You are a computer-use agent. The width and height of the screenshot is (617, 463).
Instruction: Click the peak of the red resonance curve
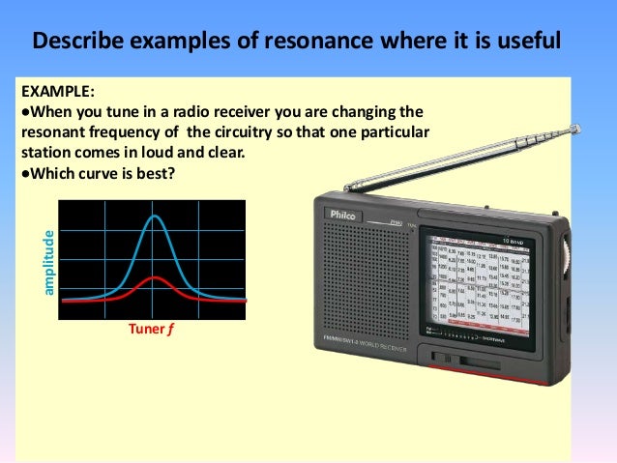(x=153, y=277)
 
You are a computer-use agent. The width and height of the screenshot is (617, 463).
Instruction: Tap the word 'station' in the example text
(x=45, y=154)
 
